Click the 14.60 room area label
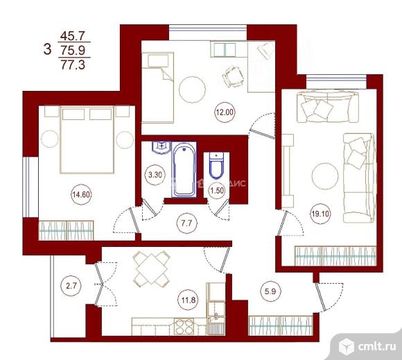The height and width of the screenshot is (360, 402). coord(81,195)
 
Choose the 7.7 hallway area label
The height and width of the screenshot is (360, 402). coord(186,223)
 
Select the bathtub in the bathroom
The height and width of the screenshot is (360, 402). coord(184,169)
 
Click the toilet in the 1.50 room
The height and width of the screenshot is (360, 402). coord(215,166)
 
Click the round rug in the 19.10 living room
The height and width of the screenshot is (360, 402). coord(325,175)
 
